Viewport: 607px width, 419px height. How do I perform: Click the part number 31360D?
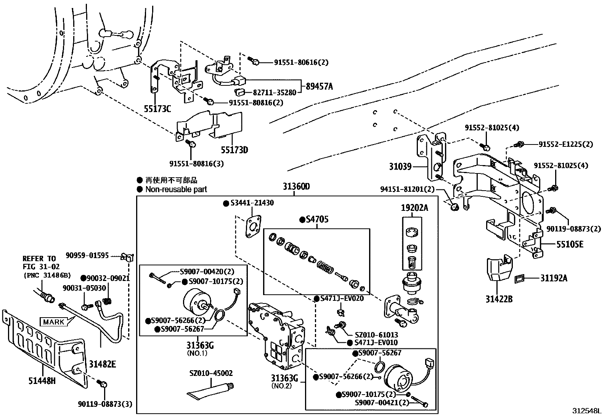pos(296,187)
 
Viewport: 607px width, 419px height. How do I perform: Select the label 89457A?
pos(319,87)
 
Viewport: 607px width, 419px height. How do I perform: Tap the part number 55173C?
pos(157,109)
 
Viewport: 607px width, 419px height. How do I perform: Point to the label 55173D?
pos(234,150)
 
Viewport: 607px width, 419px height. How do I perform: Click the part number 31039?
pos(400,167)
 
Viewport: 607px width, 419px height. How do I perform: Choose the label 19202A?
pos(414,208)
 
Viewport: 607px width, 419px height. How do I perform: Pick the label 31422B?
pos(499,299)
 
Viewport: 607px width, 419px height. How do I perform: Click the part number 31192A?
pos(554,278)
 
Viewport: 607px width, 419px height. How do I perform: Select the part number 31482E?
pos(102,364)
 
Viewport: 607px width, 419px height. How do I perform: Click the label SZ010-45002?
pos(211,373)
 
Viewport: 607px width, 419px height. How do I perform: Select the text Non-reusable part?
pos(176,189)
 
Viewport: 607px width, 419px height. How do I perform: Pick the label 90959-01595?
pos(87,255)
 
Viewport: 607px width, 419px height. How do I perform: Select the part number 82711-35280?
pos(275,92)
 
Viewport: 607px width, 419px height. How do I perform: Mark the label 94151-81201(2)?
pos(407,189)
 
